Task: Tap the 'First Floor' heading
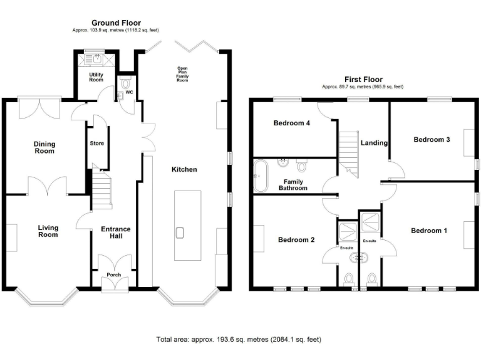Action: click(x=363, y=80)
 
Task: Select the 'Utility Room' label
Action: click(x=96, y=78)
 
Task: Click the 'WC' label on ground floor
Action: click(x=129, y=92)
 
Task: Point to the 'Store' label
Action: click(x=97, y=144)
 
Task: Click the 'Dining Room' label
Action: click(x=44, y=147)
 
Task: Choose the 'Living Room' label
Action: click(x=48, y=231)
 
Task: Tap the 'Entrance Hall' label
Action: click(x=116, y=233)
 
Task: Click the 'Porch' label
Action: click(x=114, y=275)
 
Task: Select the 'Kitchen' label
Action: click(x=184, y=170)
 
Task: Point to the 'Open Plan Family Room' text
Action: click(x=183, y=74)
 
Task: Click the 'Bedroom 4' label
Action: click(x=291, y=123)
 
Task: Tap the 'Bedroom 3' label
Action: click(x=432, y=140)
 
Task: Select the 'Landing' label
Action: click(x=375, y=143)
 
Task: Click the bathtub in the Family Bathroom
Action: click(x=260, y=175)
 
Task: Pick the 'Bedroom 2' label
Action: click(x=296, y=240)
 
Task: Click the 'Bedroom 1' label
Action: click(x=429, y=231)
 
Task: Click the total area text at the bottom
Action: click(x=239, y=339)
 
